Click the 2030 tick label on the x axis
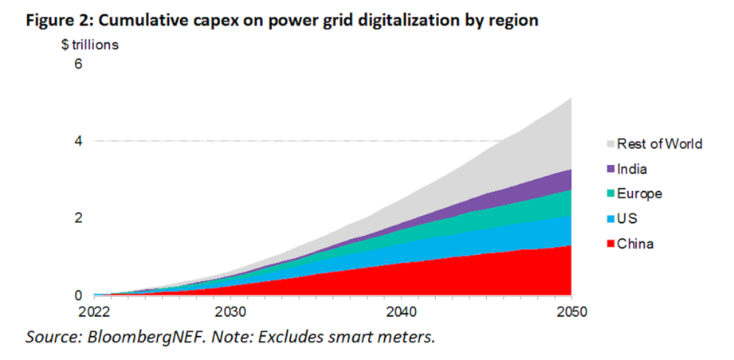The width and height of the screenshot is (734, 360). pos(230,311)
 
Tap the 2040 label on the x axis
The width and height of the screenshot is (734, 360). pos(401,311)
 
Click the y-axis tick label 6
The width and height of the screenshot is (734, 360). pos(78,65)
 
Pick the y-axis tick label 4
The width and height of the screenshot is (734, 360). pos(78,141)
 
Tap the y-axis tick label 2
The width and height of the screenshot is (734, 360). pos(78,218)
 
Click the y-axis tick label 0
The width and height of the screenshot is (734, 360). pos(78,295)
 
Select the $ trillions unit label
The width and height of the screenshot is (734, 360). pos(90,45)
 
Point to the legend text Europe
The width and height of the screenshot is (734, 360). pos(639,194)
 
